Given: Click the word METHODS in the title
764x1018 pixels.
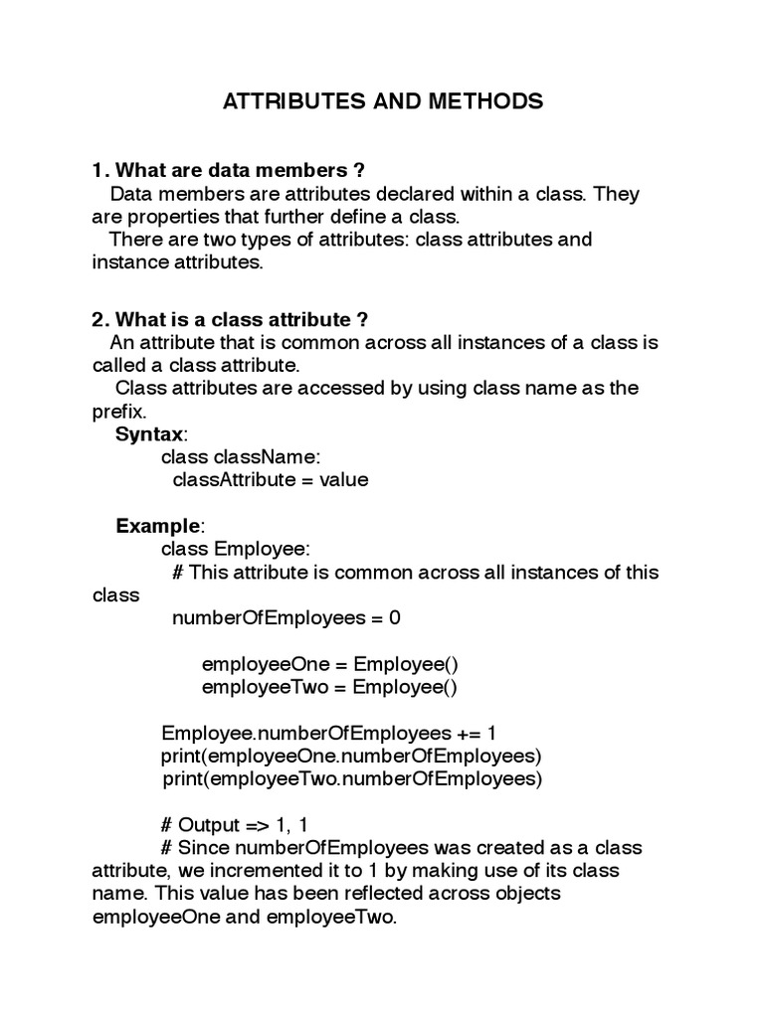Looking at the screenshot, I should (x=483, y=101).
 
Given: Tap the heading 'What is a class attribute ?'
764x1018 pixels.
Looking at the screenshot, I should (x=230, y=319).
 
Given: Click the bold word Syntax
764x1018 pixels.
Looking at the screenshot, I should (x=150, y=433).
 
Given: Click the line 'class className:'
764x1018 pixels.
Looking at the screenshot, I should (x=241, y=456).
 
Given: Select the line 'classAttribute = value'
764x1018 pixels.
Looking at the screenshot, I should (x=270, y=479).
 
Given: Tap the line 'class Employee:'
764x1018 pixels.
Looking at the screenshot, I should (x=237, y=548).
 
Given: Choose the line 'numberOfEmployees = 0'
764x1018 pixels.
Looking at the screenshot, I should (x=286, y=617).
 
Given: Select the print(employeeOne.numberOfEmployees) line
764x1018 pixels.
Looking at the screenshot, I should (x=351, y=756).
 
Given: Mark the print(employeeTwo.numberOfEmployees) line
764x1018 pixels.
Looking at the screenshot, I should (x=352, y=778).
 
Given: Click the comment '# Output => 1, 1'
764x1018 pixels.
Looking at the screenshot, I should (x=242, y=825).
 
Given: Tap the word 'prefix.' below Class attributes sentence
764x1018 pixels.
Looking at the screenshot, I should (x=119, y=411).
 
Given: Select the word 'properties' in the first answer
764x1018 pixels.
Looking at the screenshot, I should (x=168, y=217).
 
